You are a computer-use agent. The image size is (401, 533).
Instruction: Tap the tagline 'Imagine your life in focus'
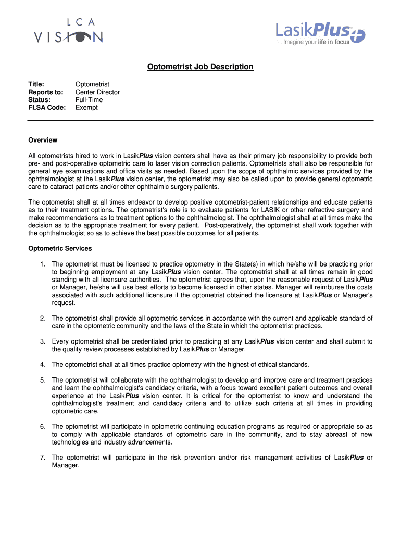tap(316, 42)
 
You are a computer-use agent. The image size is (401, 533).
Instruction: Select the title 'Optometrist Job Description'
tap(200, 67)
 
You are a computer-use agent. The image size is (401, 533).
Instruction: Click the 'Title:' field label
tap(36, 84)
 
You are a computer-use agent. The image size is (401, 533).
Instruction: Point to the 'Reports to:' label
tap(46, 92)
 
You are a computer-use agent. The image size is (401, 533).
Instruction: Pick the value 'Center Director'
tap(97, 92)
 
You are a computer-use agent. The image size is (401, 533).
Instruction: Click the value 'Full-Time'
tap(89, 100)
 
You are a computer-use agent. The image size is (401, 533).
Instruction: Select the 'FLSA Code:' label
tap(47, 108)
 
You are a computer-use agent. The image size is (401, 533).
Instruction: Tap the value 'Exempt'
tap(86, 108)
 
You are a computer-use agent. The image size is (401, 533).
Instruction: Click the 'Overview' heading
tap(43, 140)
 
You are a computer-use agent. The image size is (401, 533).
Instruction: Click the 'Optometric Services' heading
tap(60, 248)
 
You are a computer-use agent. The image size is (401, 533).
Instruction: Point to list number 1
tap(43, 264)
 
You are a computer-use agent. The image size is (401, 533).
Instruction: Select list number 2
tap(43, 318)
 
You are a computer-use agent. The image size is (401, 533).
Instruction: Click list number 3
tap(43, 341)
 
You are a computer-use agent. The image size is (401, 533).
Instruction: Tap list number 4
tap(43, 364)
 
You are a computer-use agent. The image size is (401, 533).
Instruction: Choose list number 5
tap(43, 380)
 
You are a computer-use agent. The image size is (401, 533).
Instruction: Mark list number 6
tap(43, 426)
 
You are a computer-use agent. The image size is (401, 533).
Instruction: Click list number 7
tap(43, 458)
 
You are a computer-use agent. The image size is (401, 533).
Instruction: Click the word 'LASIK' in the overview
tap(281, 210)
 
